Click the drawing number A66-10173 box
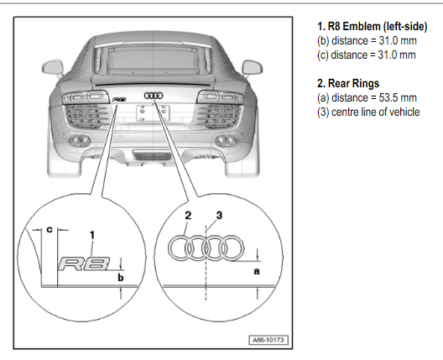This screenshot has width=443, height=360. pyautogui.click(x=268, y=340)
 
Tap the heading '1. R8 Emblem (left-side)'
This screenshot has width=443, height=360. pyautogui.click(x=372, y=27)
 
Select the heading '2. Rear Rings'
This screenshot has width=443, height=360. pyautogui.click(x=348, y=83)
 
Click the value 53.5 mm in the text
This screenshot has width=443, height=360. pyautogui.click(x=398, y=98)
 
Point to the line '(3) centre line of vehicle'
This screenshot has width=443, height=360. pyautogui.click(x=368, y=112)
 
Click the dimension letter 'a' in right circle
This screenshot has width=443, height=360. pyautogui.click(x=257, y=272)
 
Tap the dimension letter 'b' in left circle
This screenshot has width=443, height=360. pyautogui.click(x=121, y=278)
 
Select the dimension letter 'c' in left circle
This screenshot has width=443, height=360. pyautogui.click(x=50, y=229)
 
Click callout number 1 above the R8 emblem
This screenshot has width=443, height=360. pyautogui.click(x=91, y=235)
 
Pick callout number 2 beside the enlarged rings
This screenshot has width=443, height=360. pyautogui.click(x=188, y=216)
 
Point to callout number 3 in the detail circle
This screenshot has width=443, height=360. pyautogui.click(x=219, y=216)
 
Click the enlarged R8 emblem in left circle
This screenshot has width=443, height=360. pyautogui.click(x=84, y=264)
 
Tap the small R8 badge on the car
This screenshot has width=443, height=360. pyautogui.click(x=119, y=100)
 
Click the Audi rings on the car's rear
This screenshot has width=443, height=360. pyautogui.click(x=154, y=96)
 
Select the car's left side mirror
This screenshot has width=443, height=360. pyautogui.click(x=53, y=69)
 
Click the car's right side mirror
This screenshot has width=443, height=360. pyautogui.click(x=253, y=68)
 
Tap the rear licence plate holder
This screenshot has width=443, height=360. pyautogui.click(x=153, y=112)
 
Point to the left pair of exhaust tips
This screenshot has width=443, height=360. pyautogui.click(x=80, y=140)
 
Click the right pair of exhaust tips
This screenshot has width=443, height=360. pyautogui.click(x=226, y=140)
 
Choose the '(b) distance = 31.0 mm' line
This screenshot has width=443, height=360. pyautogui.click(x=367, y=40)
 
